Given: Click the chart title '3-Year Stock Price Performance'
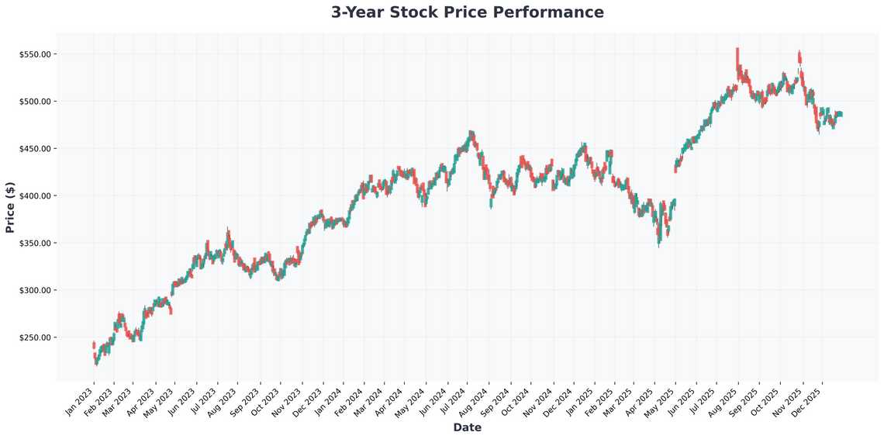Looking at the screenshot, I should point(467,12).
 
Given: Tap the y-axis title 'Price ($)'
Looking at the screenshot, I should point(10,207).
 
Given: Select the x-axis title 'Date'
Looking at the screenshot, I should point(467,427).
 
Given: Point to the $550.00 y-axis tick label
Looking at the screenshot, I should point(36,54).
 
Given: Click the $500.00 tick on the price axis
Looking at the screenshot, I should point(36,102).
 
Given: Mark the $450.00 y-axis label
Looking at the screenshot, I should point(36,149).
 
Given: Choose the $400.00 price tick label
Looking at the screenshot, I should point(36,195).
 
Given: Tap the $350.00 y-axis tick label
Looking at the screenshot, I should point(36,243).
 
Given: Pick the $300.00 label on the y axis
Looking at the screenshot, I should point(36,290).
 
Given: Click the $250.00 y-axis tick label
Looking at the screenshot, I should point(36,337).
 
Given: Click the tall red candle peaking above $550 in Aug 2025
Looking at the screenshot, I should point(737,58).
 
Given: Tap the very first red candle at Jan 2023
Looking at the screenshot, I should point(94,345).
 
